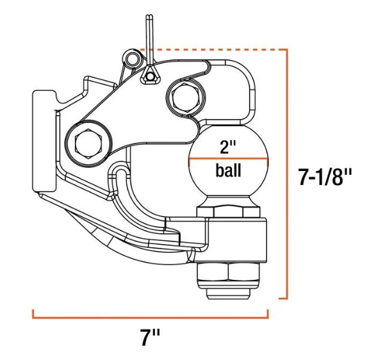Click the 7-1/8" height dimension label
[x=325, y=177]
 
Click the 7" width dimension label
[x=150, y=337]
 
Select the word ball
[x=228, y=170]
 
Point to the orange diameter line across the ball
[x=228, y=159]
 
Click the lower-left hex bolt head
[x=88, y=143]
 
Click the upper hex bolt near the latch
[x=185, y=97]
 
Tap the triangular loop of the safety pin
[x=149, y=76]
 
